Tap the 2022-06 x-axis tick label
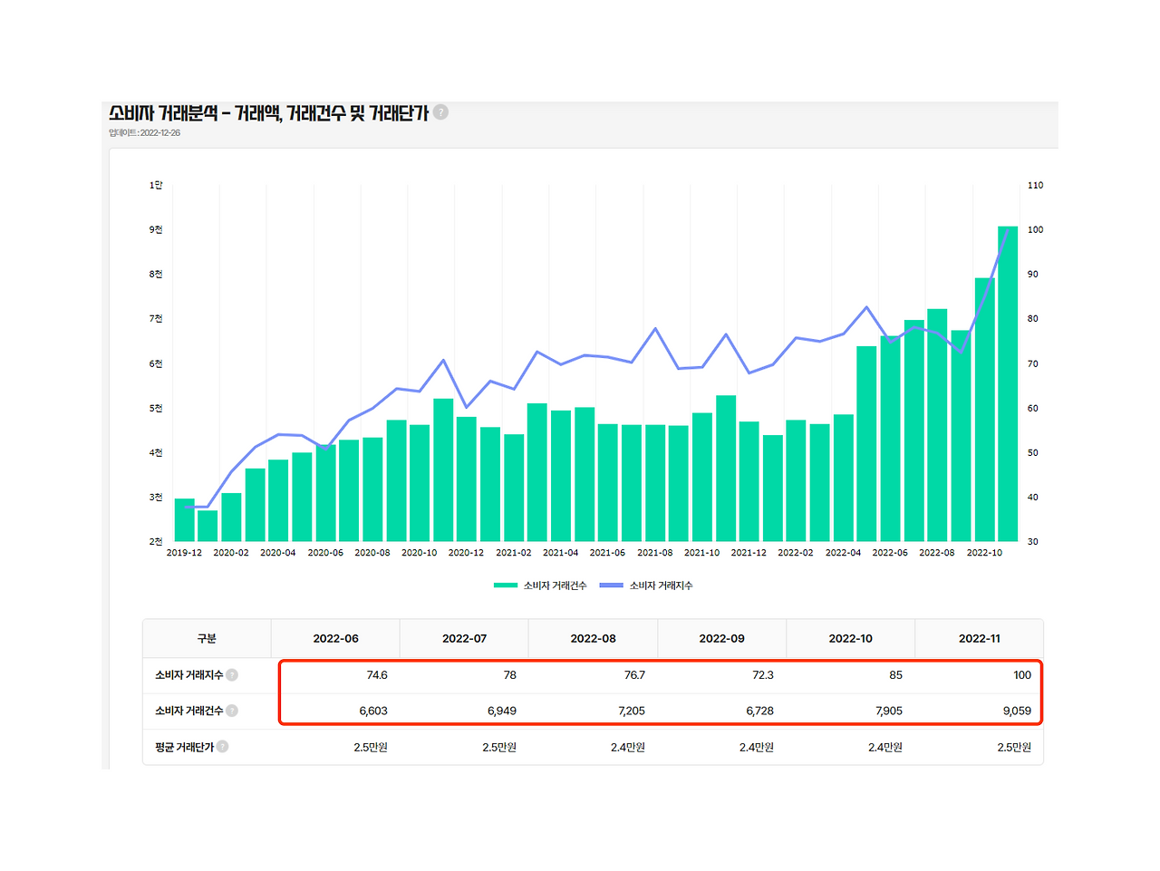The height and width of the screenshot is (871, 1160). click(890, 553)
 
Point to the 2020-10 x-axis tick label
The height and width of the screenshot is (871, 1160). click(419, 553)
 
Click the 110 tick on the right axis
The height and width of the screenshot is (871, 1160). click(1035, 186)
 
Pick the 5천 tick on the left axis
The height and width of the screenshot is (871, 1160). click(156, 409)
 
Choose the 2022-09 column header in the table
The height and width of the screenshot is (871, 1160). click(721, 639)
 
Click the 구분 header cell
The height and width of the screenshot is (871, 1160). click(207, 639)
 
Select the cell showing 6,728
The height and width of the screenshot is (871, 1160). click(759, 711)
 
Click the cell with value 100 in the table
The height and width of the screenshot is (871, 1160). click(1021, 675)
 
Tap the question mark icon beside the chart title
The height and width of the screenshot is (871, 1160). click(440, 112)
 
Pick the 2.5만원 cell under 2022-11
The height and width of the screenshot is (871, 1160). click(1014, 748)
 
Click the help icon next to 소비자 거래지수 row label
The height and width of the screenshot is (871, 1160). click(232, 675)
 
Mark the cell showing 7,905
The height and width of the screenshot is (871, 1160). click(888, 711)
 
